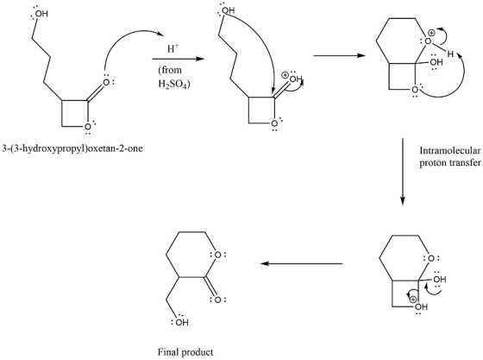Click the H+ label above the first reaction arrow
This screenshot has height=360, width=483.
(x=172, y=48)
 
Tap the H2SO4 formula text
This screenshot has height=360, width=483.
(x=172, y=84)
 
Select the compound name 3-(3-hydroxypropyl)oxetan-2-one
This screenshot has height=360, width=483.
(x=72, y=148)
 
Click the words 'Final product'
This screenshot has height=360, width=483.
(x=185, y=352)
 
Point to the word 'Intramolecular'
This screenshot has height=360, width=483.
(x=450, y=150)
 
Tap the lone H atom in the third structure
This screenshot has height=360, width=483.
(x=450, y=54)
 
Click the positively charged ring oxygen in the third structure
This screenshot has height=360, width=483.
(x=428, y=41)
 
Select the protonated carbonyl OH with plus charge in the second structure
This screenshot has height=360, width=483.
(x=295, y=79)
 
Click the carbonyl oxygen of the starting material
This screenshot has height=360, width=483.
(x=106, y=82)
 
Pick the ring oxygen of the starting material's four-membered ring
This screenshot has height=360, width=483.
(x=88, y=126)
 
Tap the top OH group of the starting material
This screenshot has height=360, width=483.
(x=42, y=14)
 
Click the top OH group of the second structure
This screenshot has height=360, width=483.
(x=228, y=10)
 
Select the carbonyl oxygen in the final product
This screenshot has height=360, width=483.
(x=217, y=300)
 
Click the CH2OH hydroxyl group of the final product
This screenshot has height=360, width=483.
(x=182, y=323)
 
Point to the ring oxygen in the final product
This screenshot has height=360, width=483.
(x=217, y=255)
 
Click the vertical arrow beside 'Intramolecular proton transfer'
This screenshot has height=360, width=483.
(x=402, y=172)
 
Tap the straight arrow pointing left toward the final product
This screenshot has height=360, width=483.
(x=301, y=263)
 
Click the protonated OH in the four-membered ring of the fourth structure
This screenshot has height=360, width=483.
(x=421, y=306)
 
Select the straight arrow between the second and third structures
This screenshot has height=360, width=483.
(x=340, y=56)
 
